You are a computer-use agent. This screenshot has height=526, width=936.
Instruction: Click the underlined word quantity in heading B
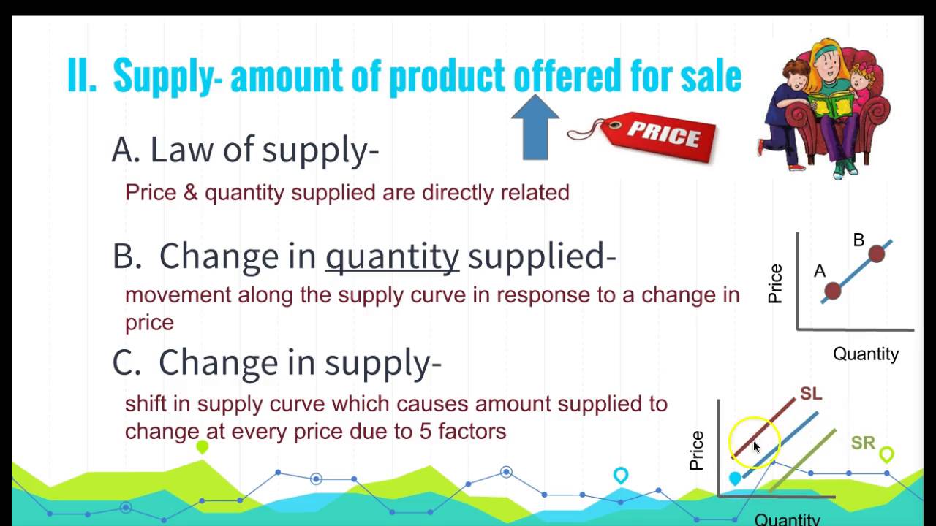coord(392,256)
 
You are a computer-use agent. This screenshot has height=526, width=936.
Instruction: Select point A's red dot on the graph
coord(832,291)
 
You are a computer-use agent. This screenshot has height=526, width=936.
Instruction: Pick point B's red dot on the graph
coord(877,254)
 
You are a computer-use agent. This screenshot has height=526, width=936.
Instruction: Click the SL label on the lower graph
coord(811,394)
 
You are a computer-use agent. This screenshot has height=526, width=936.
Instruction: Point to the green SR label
coord(863,443)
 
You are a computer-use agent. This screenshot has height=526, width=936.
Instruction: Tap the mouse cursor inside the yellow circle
coord(757,447)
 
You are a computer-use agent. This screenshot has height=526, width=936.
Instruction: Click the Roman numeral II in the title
coord(82,75)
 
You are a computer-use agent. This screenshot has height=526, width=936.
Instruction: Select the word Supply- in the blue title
coord(167,75)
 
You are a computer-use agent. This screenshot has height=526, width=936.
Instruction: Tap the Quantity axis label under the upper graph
coord(866,354)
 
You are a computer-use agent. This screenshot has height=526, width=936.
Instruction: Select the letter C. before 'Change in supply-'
coord(126,362)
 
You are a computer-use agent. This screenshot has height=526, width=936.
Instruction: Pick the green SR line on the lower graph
coord(804,460)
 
